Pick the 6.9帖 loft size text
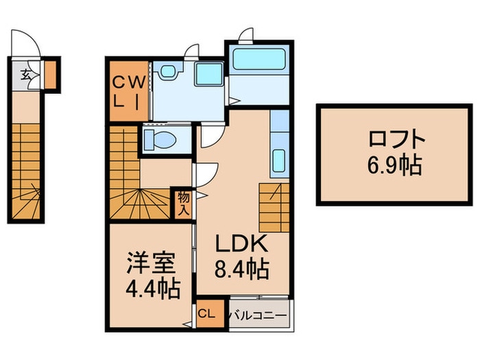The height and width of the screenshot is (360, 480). (x=397, y=165)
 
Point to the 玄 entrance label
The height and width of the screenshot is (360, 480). (x=25, y=75)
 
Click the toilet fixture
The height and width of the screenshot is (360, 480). (x=162, y=141)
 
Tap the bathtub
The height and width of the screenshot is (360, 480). (x=259, y=60)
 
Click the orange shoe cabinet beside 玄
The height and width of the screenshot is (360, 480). (x=51, y=75)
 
